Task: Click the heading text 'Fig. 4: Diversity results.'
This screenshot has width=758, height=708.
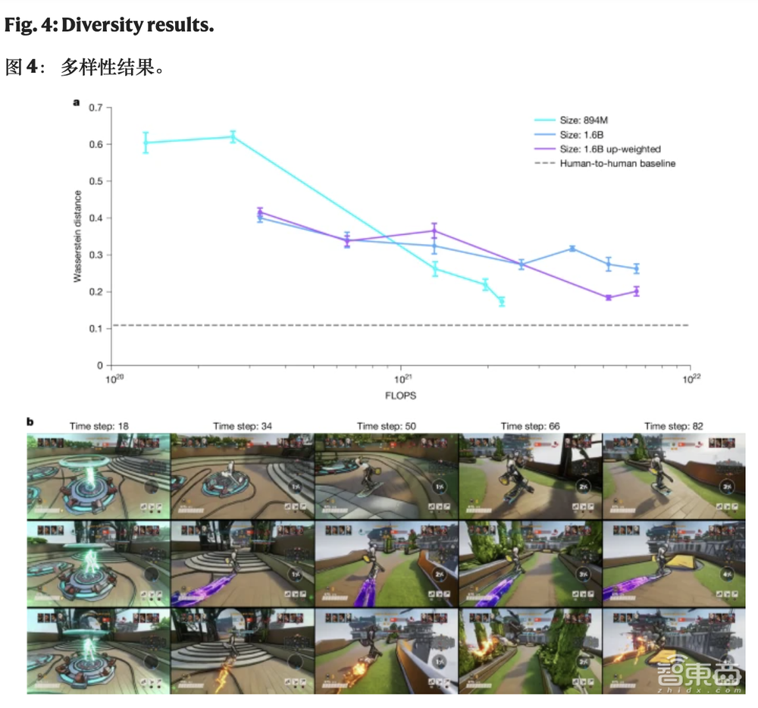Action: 109,25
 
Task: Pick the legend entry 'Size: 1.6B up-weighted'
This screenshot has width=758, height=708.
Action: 610,149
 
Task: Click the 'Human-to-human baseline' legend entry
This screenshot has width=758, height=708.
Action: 617,163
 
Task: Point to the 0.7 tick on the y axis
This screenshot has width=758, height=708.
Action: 96,108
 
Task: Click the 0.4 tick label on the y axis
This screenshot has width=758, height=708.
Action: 96,218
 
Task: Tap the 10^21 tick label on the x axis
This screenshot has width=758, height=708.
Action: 401,378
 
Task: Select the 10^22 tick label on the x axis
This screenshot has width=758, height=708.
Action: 689,378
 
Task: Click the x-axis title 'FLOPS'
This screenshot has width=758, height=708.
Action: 401,395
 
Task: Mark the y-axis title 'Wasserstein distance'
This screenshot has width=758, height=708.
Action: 77,237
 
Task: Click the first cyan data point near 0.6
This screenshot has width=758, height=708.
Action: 146,143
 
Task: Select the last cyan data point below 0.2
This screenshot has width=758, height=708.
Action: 501,302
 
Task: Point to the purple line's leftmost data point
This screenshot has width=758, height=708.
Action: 260,212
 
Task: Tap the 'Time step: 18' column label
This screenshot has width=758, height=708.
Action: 99,426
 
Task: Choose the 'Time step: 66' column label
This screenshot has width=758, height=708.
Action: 530,426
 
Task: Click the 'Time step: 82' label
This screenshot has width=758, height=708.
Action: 674,426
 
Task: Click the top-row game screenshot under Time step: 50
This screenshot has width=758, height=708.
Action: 386,475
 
